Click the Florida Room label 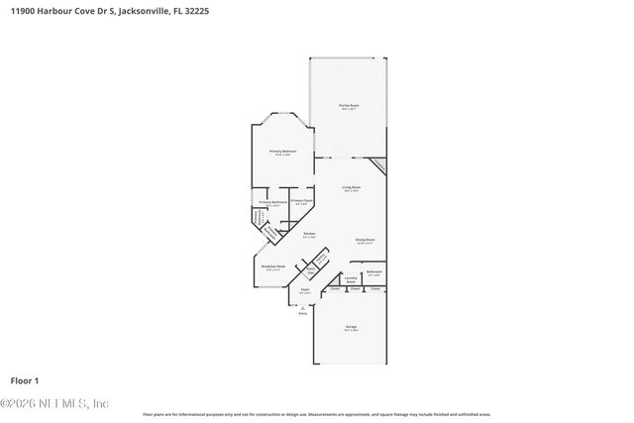coord(350,105)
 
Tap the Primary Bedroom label coord(283,151)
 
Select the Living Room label coord(352,186)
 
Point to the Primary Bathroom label coord(273,202)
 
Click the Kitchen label coord(309,234)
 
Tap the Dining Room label coord(365,240)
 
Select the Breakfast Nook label coord(273,266)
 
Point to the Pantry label coord(321,261)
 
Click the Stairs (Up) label coord(310,270)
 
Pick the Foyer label coord(305,290)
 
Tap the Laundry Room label coord(351,279)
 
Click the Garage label coord(351,326)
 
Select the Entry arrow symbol coord(302,307)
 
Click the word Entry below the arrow coord(302,313)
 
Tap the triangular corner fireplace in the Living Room coord(378,165)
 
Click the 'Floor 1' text coord(24,380)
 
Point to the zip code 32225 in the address coord(196,11)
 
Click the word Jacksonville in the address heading coord(141,11)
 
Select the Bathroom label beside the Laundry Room coord(373,270)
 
